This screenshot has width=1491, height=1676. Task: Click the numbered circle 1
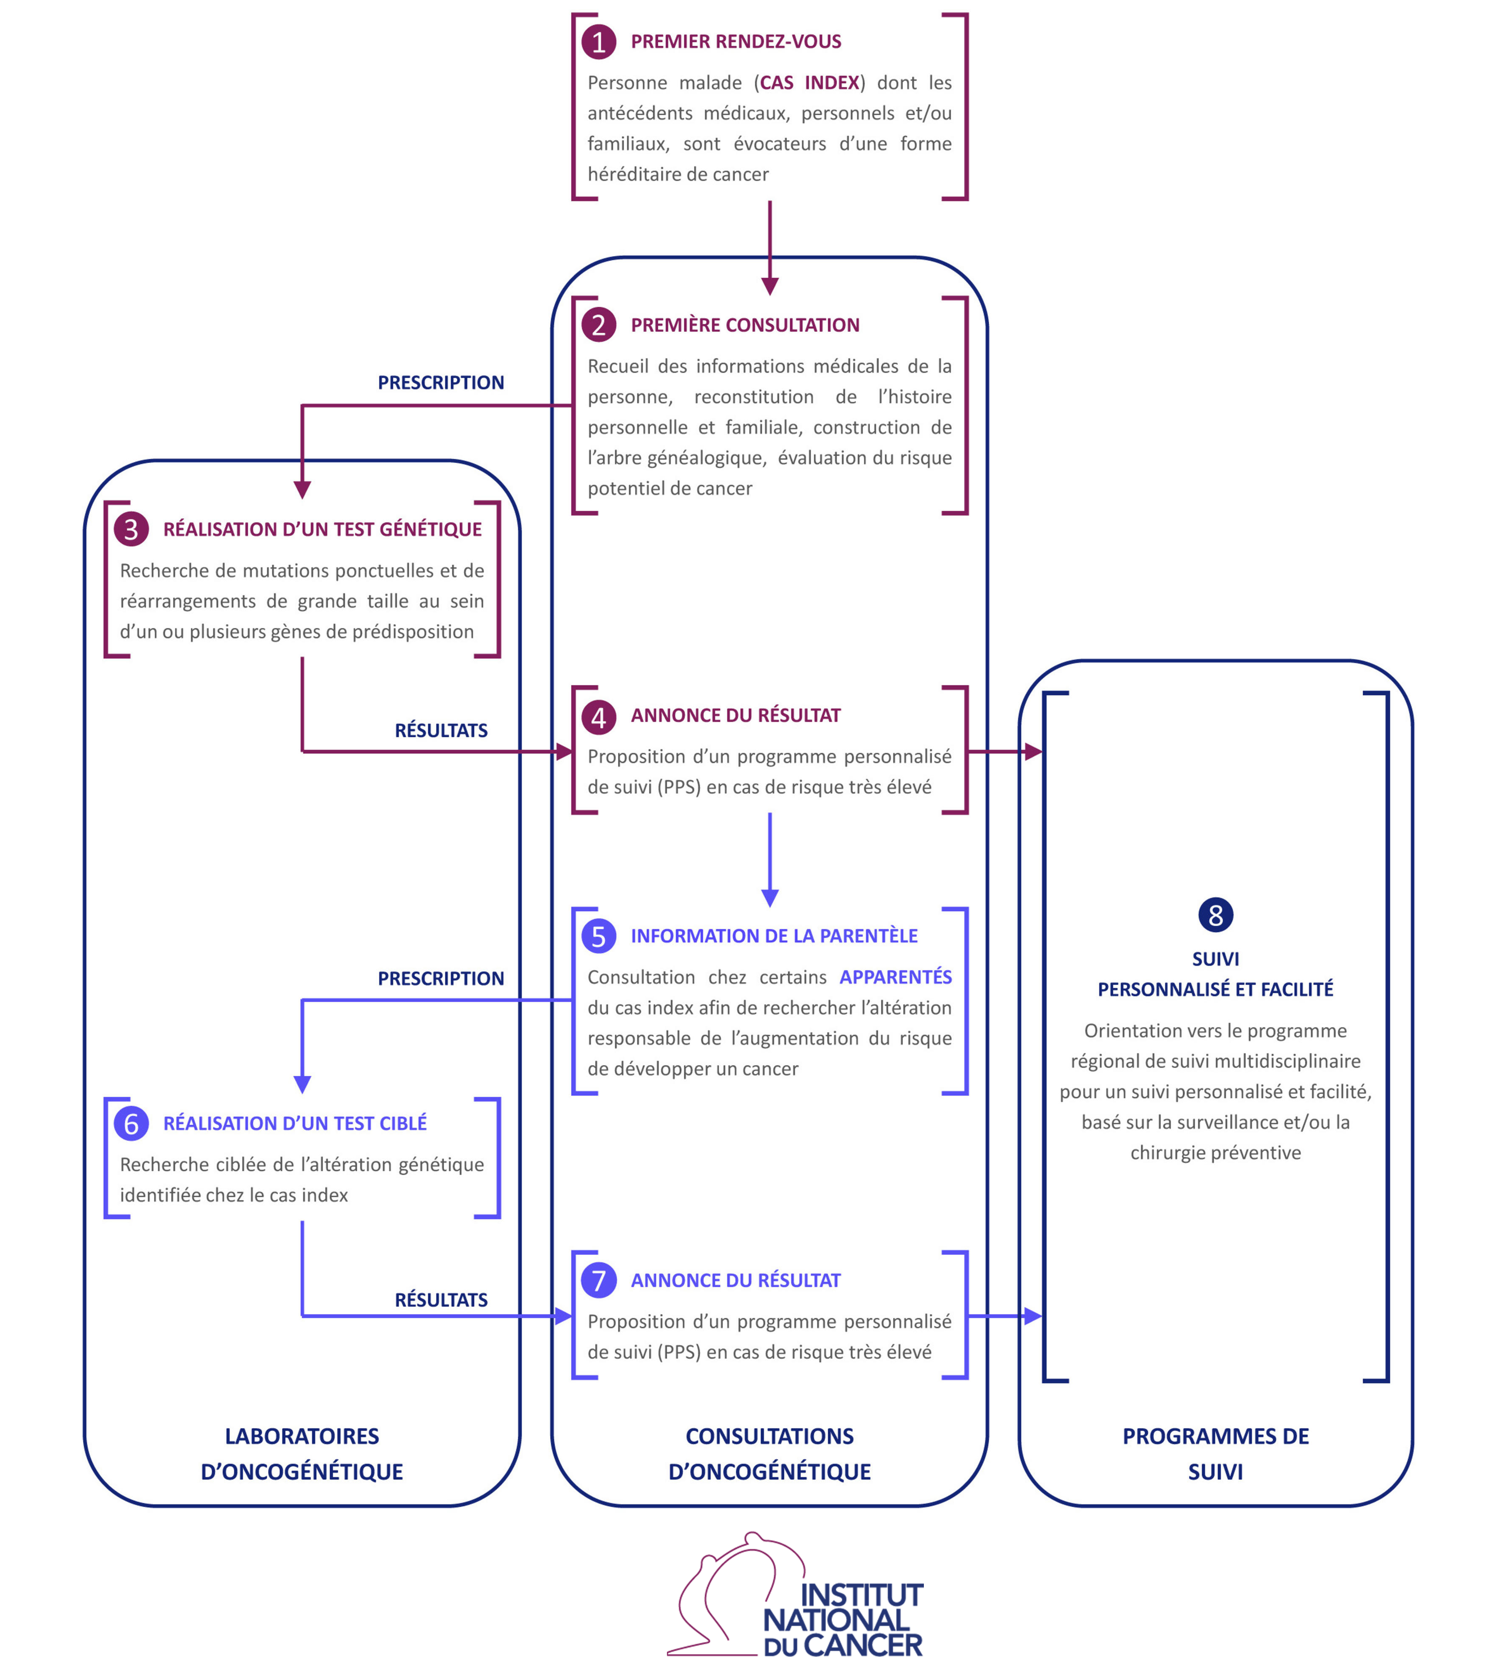[599, 42]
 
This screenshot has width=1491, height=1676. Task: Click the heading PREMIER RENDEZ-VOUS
[735, 42]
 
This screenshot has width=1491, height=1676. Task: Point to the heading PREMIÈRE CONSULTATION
[745, 326]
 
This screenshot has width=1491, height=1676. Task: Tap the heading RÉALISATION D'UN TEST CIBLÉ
[294, 1123]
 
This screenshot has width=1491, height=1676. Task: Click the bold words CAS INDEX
[810, 83]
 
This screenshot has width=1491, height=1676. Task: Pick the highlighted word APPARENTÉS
[895, 977]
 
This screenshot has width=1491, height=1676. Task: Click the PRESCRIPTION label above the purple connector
[440, 383]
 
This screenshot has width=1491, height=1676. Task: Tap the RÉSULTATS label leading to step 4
[440, 731]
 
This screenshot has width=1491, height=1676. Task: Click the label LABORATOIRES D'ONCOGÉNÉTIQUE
[302, 1454]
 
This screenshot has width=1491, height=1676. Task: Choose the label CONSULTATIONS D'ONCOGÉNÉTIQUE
[769, 1454]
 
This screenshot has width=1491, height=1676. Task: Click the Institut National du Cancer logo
[796, 1597]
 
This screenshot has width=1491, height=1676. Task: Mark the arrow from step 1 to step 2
[769, 246]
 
